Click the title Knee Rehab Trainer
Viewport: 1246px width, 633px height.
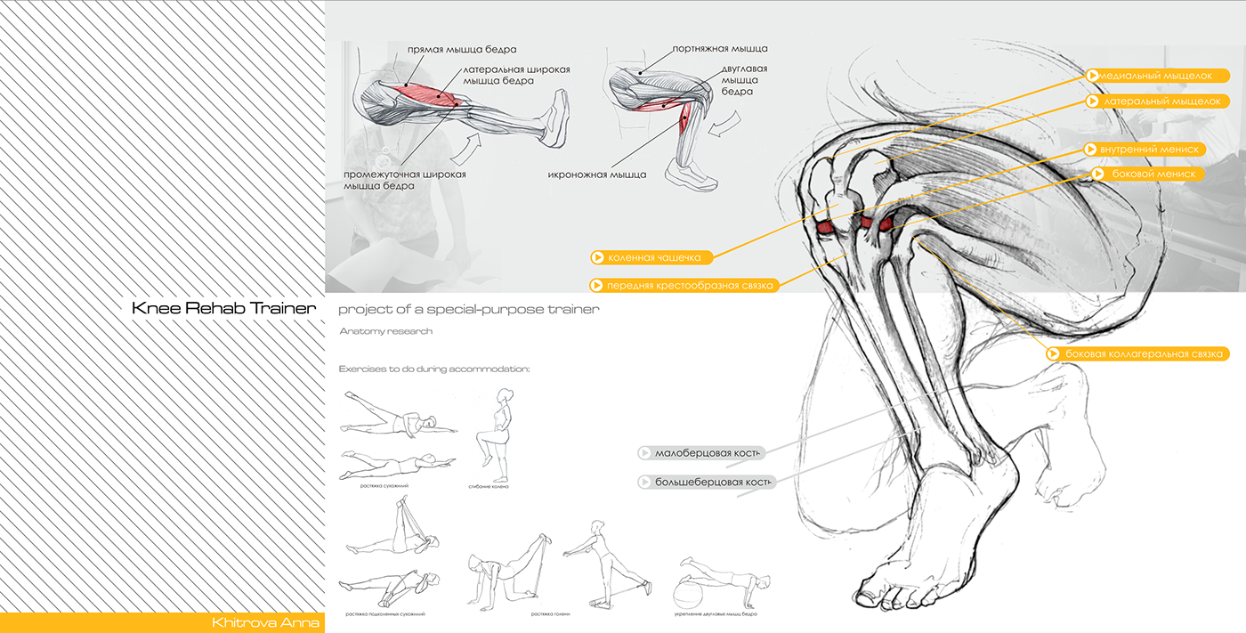(223, 309)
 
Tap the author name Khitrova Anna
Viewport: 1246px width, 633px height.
(265, 622)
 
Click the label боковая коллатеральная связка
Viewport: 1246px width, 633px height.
(1137, 353)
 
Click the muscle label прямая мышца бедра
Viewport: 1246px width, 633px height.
(462, 49)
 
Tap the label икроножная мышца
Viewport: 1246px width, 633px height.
(597, 174)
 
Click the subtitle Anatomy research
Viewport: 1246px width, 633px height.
(385, 331)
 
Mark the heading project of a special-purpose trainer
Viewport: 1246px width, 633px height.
(468, 309)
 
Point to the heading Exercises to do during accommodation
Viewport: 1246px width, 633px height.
(434, 369)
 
